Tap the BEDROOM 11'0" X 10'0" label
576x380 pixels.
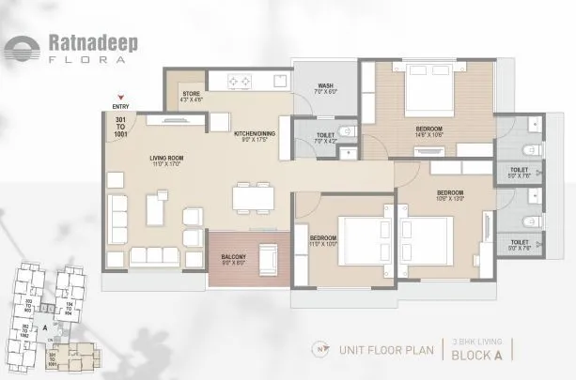pyautogui.click(x=323, y=240)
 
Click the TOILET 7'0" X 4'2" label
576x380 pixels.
pyautogui.click(x=325, y=138)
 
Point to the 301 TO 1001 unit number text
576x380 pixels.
pyautogui.click(x=119, y=129)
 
